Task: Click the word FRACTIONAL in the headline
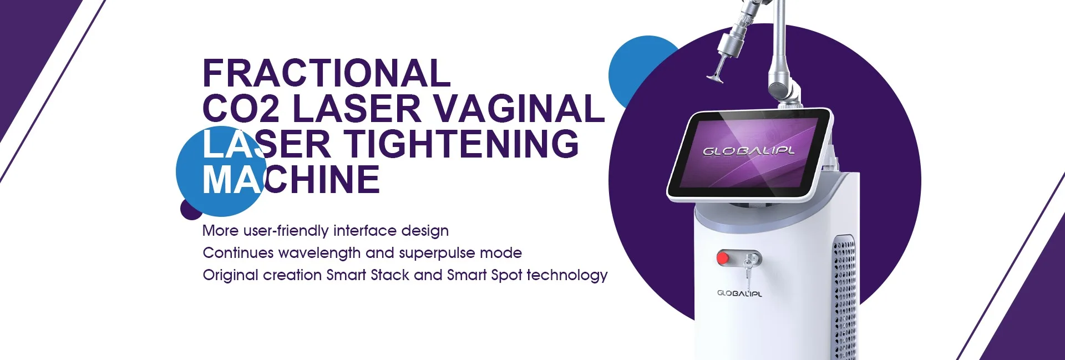point(326,73)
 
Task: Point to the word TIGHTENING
point(461,144)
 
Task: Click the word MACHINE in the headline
point(291,179)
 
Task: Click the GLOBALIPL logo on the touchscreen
point(749,151)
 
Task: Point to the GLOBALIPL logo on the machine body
point(739,293)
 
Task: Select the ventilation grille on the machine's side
point(845,300)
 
